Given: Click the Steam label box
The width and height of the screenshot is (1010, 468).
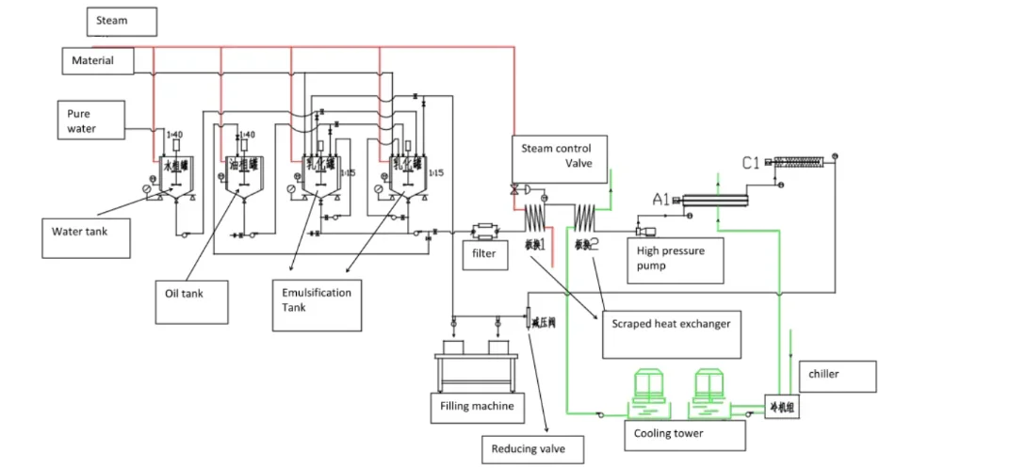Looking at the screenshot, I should (122, 21).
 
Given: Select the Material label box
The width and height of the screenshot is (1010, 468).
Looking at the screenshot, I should (98, 61).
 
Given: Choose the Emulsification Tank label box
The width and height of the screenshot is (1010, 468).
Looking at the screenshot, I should (316, 303).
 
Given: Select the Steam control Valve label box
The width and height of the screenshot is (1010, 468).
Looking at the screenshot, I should (561, 155).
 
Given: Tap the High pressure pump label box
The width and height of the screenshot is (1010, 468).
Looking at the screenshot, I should (675, 259).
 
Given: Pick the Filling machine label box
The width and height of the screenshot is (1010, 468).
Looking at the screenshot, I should (479, 407).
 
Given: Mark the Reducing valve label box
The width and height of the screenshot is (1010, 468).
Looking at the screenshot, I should (530, 449).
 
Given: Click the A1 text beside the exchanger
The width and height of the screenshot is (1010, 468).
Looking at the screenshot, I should (661, 199).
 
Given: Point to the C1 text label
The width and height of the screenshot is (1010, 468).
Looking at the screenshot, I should (751, 164).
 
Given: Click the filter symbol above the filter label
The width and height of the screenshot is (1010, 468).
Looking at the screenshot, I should (487, 229).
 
